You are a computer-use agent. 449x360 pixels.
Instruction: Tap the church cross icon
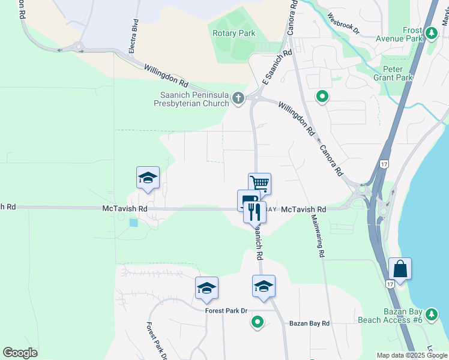pos(239,98)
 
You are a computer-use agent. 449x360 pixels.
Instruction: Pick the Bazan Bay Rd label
pos(309,323)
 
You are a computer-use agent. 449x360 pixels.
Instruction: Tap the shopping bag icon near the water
pos(400,268)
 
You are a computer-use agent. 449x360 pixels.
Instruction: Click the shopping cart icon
pos(260,183)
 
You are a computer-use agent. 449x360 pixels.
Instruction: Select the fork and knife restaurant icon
pos(255,211)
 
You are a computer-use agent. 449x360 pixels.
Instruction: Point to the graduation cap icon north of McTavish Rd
pos(148,177)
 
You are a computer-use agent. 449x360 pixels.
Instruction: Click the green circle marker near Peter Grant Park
pos(322,96)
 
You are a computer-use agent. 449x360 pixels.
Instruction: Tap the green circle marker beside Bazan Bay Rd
pos(258,322)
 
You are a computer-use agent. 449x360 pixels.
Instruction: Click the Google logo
pos(20,353)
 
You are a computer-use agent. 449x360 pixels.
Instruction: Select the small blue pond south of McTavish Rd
pos(133,223)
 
